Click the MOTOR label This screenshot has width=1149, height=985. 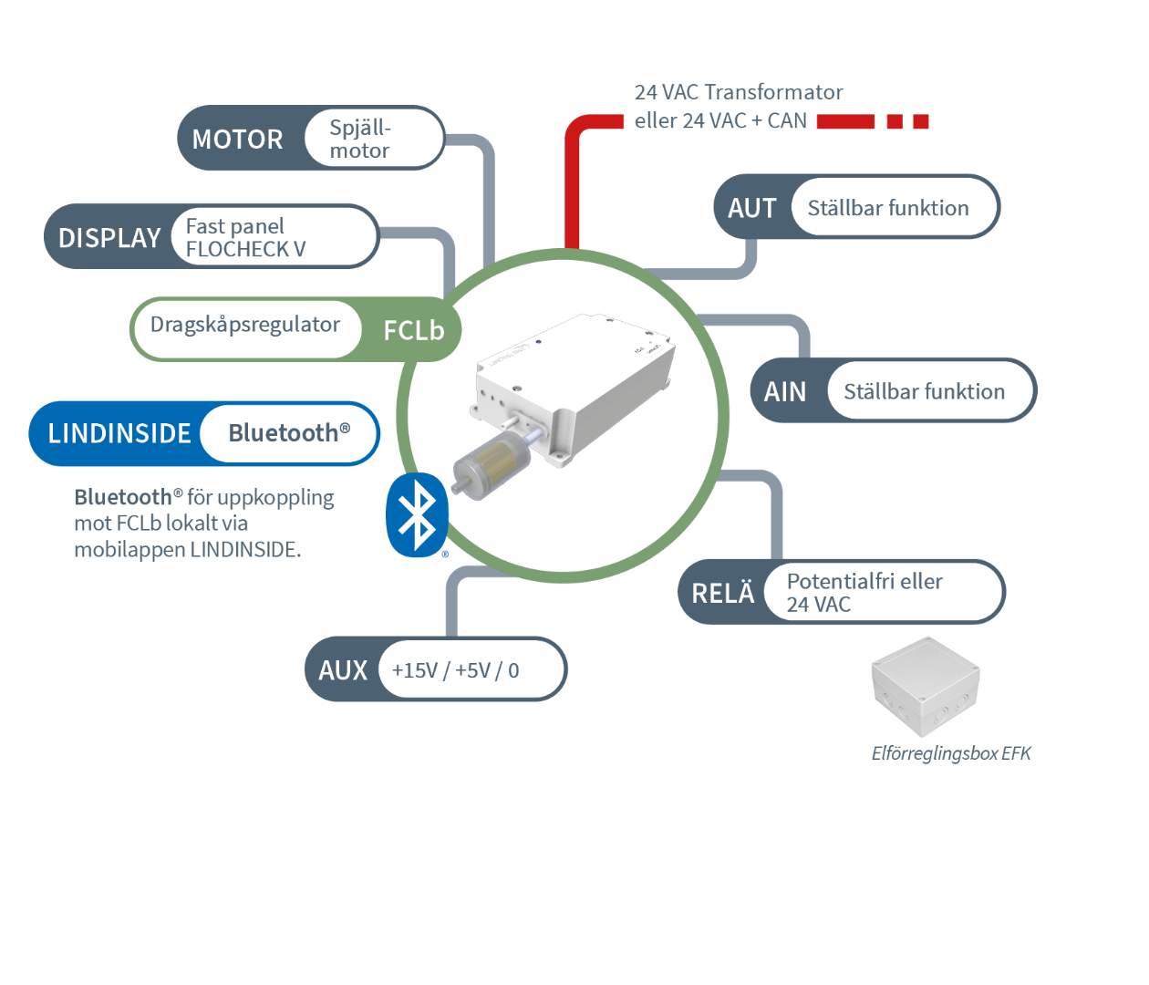tap(237, 140)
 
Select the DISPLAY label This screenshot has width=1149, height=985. tap(109, 238)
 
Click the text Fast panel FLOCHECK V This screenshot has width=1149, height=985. tap(246, 237)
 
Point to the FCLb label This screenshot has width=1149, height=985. tap(413, 330)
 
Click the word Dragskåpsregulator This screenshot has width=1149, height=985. tap(244, 325)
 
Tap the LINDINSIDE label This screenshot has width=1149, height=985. tap(119, 433)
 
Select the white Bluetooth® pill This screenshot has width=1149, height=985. tap(288, 433)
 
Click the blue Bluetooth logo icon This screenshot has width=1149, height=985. tap(418, 514)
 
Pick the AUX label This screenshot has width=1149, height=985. tap(343, 670)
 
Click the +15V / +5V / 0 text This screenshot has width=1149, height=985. tap(455, 670)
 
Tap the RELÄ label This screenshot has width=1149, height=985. tap(723, 594)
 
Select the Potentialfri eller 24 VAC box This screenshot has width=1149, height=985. tap(864, 593)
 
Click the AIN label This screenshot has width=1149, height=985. tap(785, 392)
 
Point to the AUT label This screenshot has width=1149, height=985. tap(751, 209)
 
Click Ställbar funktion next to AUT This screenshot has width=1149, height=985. tap(888, 208)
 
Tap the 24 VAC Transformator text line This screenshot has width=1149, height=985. tap(739, 92)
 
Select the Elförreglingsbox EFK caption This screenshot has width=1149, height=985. tap(951, 753)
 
